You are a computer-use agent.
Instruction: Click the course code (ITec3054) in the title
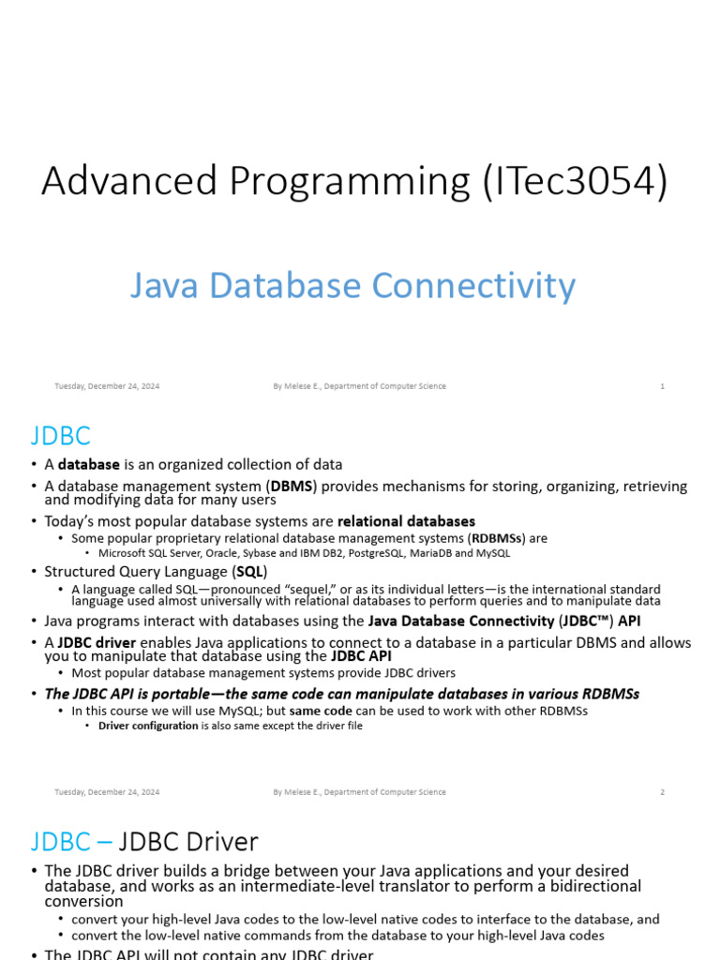[x=575, y=181]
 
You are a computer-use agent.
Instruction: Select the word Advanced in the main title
[x=129, y=181]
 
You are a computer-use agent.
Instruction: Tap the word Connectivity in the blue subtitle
[x=473, y=286]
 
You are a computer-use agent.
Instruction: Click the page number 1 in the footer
[x=662, y=386]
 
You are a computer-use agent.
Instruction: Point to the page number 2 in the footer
[x=662, y=792]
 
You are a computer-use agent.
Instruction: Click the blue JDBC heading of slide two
[x=61, y=436]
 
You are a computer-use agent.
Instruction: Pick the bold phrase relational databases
[x=406, y=521]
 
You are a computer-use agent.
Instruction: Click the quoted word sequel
[x=310, y=590]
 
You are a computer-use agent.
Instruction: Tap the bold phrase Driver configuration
[x=148, y=726]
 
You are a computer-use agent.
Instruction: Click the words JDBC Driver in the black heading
[x=187, y=842]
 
